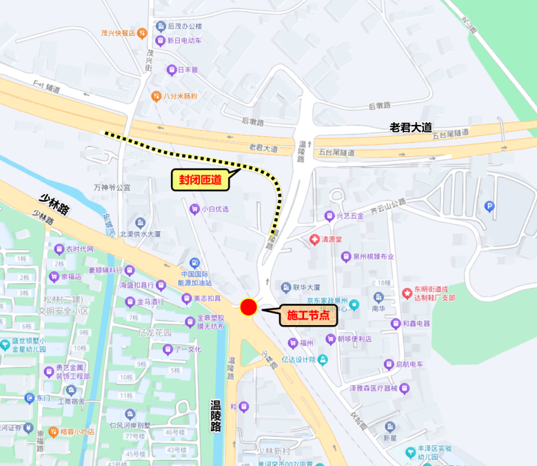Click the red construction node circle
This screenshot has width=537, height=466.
point(248,308)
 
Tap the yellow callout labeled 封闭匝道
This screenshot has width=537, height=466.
point(201,181)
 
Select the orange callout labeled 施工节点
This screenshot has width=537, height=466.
point(307,316)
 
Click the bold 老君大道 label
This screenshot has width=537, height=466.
point(410,127)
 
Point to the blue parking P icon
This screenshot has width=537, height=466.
point(489,206)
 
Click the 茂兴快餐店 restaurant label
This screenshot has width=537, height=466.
point(118,32)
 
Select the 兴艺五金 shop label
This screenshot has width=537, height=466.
point(350,215)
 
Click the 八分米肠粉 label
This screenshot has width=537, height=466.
point(181,96)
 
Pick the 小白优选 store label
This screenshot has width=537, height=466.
point(214,208)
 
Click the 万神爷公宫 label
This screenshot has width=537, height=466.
point(112,187)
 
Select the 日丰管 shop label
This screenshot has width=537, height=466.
point(187,70)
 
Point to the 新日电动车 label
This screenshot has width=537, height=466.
point(183,41)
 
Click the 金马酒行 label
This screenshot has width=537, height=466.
point(150,302)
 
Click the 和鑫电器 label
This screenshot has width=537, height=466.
point(416,323)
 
